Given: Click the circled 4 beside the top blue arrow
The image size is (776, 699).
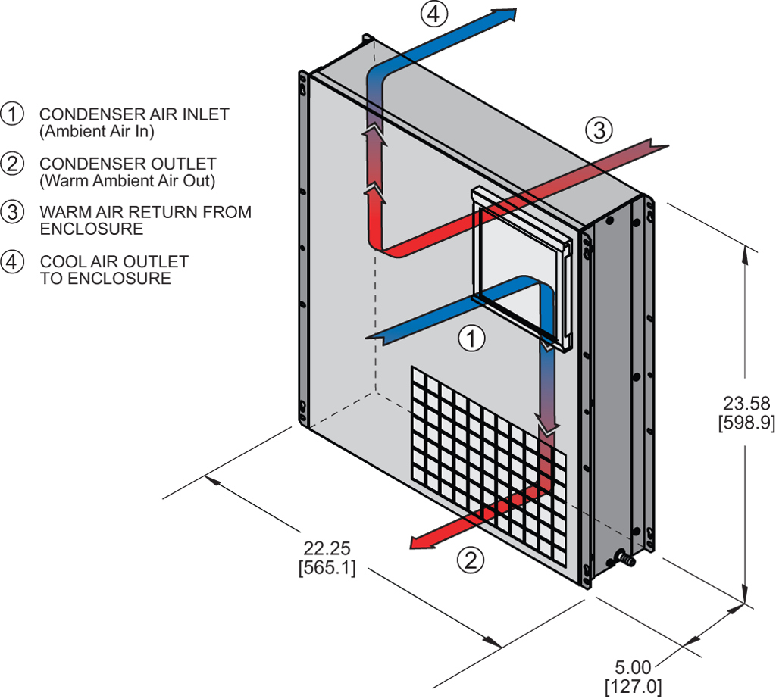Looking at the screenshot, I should [435, 14].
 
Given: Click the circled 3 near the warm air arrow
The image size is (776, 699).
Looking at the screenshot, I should [599, 130].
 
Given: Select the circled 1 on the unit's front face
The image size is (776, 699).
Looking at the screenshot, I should [472, 339].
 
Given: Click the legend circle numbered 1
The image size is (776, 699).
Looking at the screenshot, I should [12, 114].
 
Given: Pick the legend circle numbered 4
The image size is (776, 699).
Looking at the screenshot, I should [12, 262].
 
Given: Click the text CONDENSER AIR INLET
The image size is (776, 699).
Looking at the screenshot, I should [134, 114].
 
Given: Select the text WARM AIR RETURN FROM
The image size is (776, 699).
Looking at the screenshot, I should [145, 212].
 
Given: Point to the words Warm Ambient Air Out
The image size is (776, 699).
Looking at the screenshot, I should [127, 181].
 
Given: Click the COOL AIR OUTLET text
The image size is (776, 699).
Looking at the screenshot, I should [114, 262].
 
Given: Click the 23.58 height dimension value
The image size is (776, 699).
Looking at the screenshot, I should [745, 404].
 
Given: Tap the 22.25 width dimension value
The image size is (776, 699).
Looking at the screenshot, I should [327, 548].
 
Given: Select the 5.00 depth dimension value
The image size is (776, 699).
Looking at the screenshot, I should [633, 668].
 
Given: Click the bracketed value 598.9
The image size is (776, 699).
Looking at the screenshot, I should [745, 423].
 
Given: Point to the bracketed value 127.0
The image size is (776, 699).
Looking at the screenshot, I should [633, 687].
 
